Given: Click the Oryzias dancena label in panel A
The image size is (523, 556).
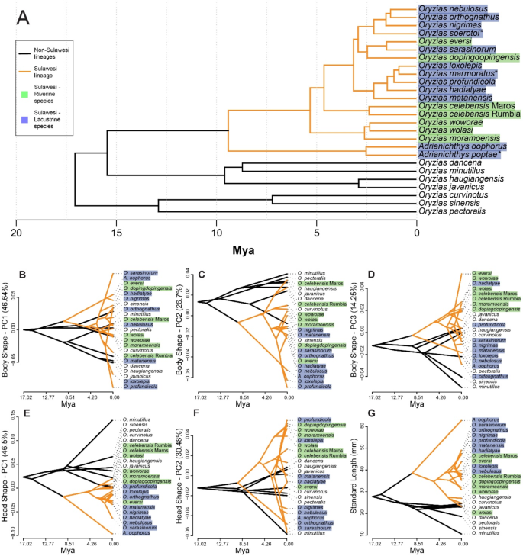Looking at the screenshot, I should coord(452,162).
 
